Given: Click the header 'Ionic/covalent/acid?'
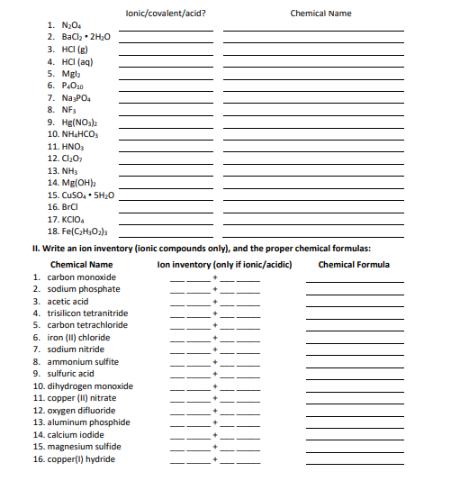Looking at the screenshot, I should point(167,14).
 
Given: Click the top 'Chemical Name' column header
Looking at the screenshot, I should point(320,14).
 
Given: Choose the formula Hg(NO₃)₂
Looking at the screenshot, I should point(68,122).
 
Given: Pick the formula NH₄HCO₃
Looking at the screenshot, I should point(70,134).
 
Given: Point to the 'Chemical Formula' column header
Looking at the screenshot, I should point(354,265).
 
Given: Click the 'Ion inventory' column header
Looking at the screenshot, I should point(212,265).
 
